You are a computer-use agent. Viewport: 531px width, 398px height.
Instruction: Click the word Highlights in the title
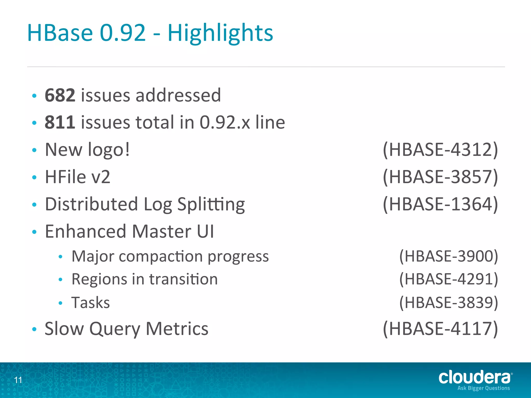220,33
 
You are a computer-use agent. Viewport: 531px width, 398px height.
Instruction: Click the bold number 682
60,95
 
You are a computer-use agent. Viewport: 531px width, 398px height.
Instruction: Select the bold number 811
60,122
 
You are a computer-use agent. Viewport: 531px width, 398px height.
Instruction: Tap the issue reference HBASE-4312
440,150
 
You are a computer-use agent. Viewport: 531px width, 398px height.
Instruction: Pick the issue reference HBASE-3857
440,177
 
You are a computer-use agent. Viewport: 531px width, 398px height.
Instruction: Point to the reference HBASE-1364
440,204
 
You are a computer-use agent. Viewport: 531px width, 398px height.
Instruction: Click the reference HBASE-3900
449,256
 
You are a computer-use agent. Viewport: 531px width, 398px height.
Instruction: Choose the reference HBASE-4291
449,279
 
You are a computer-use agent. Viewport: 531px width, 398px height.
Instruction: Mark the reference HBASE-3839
449,302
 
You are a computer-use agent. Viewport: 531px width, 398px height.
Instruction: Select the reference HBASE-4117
440,329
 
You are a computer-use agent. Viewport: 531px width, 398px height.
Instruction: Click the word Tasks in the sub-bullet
91,302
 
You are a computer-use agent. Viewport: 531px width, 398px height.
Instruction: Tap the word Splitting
211,205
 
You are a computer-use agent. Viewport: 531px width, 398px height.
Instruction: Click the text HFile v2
78,177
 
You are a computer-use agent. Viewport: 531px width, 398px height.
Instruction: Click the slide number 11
18,380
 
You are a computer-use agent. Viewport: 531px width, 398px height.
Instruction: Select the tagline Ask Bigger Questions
484,388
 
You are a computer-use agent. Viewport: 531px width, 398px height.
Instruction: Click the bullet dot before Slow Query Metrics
34,329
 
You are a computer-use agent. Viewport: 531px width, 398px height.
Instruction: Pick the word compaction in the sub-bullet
161,257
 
